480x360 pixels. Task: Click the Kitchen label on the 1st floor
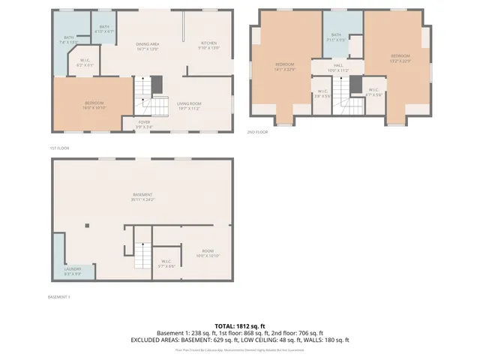click(208, 45)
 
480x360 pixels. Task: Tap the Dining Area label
click(147, 46)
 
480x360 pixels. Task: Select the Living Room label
click(188, 106)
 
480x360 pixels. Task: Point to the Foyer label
click(144, 124)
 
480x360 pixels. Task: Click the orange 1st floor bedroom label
click(94, 105)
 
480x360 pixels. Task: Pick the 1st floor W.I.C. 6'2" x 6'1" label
click(85, 64)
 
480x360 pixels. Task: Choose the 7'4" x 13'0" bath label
click(68, 40)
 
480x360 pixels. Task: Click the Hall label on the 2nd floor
click(338, 68)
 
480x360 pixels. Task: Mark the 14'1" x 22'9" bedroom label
click(285, 67)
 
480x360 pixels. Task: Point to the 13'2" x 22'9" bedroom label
click(400, 58)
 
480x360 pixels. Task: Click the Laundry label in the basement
click(73, 271)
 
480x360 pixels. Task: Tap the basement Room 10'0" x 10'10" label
click(208, 254)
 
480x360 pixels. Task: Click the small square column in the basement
click(87, 225)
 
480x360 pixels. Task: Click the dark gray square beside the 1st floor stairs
click(157, 85)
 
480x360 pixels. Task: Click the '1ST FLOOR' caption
click(60, 148)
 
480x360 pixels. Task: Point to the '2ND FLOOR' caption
click(257, 132)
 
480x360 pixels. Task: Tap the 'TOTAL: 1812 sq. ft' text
click(240, 326)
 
